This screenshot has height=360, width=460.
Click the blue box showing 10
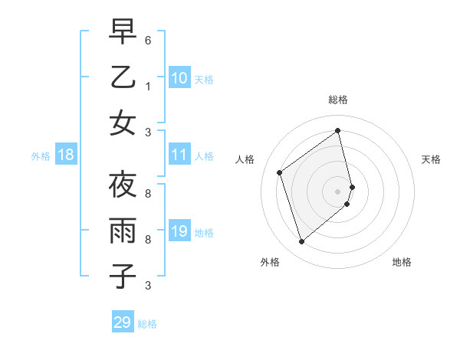tap(179, 77)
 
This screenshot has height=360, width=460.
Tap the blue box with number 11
tap(179, 155)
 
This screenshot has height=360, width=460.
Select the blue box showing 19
tap(179, 231)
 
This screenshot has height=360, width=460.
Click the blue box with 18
tap(66, 155)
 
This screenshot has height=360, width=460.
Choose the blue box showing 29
tap(123, 322)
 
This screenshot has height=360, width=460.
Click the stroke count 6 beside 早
tap(148, 40)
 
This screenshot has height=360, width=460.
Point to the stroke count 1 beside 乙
tap(148, 86)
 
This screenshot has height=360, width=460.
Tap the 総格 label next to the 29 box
tap(147, 324)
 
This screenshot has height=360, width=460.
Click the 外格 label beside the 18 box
tap(41, 156)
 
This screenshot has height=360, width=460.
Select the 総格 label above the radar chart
tap(337, 100)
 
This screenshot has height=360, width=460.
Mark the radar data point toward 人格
tap(280, 172)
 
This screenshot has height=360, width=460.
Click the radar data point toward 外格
tap(301, 242)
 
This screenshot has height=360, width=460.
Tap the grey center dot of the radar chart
tap(337, 191)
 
